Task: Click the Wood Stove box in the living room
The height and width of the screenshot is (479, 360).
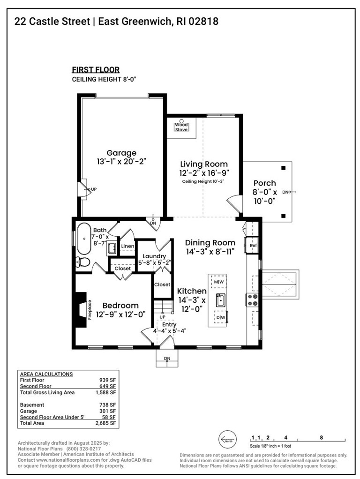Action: point(181,127)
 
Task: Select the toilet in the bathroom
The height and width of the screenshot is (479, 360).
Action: point(83,262)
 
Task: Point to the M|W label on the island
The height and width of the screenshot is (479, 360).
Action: point(219,282)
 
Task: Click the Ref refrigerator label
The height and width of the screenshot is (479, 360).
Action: point(253,245)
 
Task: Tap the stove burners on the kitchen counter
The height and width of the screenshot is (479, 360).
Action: point(253,299)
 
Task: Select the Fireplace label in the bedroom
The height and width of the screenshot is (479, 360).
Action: point(89,309)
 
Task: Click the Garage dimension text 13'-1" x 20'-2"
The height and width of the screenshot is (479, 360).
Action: point(121,161)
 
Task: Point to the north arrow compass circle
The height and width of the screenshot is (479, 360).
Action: point(228,440)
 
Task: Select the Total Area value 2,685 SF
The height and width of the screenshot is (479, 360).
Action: point(106,423)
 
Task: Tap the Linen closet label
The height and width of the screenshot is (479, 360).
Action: point(127,246)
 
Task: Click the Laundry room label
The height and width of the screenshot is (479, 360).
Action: point(154,256)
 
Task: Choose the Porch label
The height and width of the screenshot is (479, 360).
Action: point(265,183)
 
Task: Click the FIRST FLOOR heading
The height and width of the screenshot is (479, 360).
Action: point(96,70)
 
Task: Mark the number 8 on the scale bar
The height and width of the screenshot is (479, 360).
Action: point(321,437)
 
